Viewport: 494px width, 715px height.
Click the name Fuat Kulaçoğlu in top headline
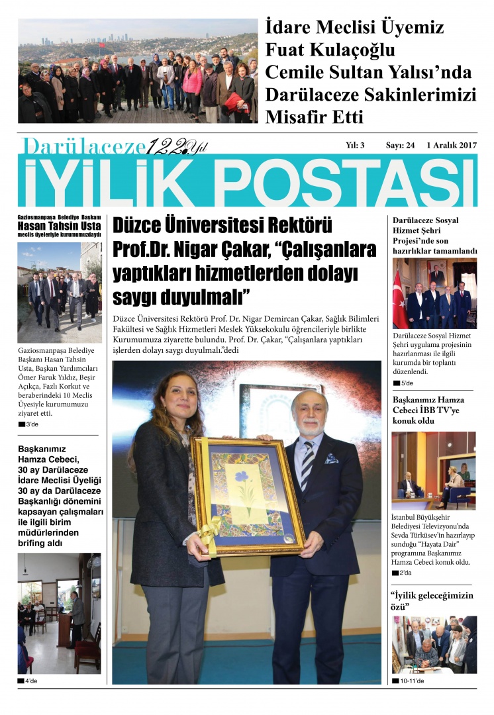point(329,50)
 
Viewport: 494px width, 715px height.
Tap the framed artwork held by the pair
point(247,495)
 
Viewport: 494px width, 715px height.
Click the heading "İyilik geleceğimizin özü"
point(432,600)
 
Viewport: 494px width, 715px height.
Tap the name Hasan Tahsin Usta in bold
point(59,226)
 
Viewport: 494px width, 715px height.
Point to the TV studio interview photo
point(433,470)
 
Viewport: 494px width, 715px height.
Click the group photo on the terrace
point(138,71)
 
